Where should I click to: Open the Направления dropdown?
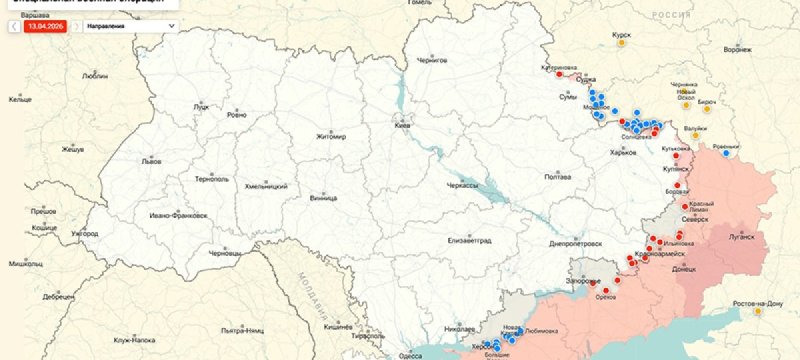coord(137,27)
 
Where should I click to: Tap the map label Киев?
coord(402,126)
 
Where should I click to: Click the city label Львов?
coord(151,160)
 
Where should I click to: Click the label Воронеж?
coord(737,48)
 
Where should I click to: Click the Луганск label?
coord(741,237)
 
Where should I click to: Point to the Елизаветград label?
coord(471,240)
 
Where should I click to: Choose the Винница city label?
coord(324,198)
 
